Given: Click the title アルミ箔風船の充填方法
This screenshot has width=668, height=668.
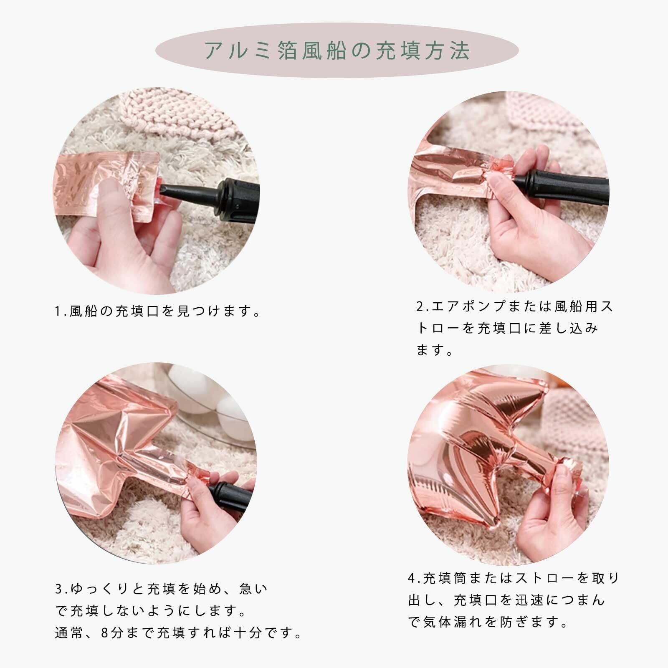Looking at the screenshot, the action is [337, 51].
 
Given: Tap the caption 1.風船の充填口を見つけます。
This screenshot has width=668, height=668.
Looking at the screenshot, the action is [158, 311].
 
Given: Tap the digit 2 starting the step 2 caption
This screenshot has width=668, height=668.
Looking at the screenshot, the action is [419, 306].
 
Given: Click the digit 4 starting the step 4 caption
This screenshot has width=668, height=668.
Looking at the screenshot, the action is [412, 579].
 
